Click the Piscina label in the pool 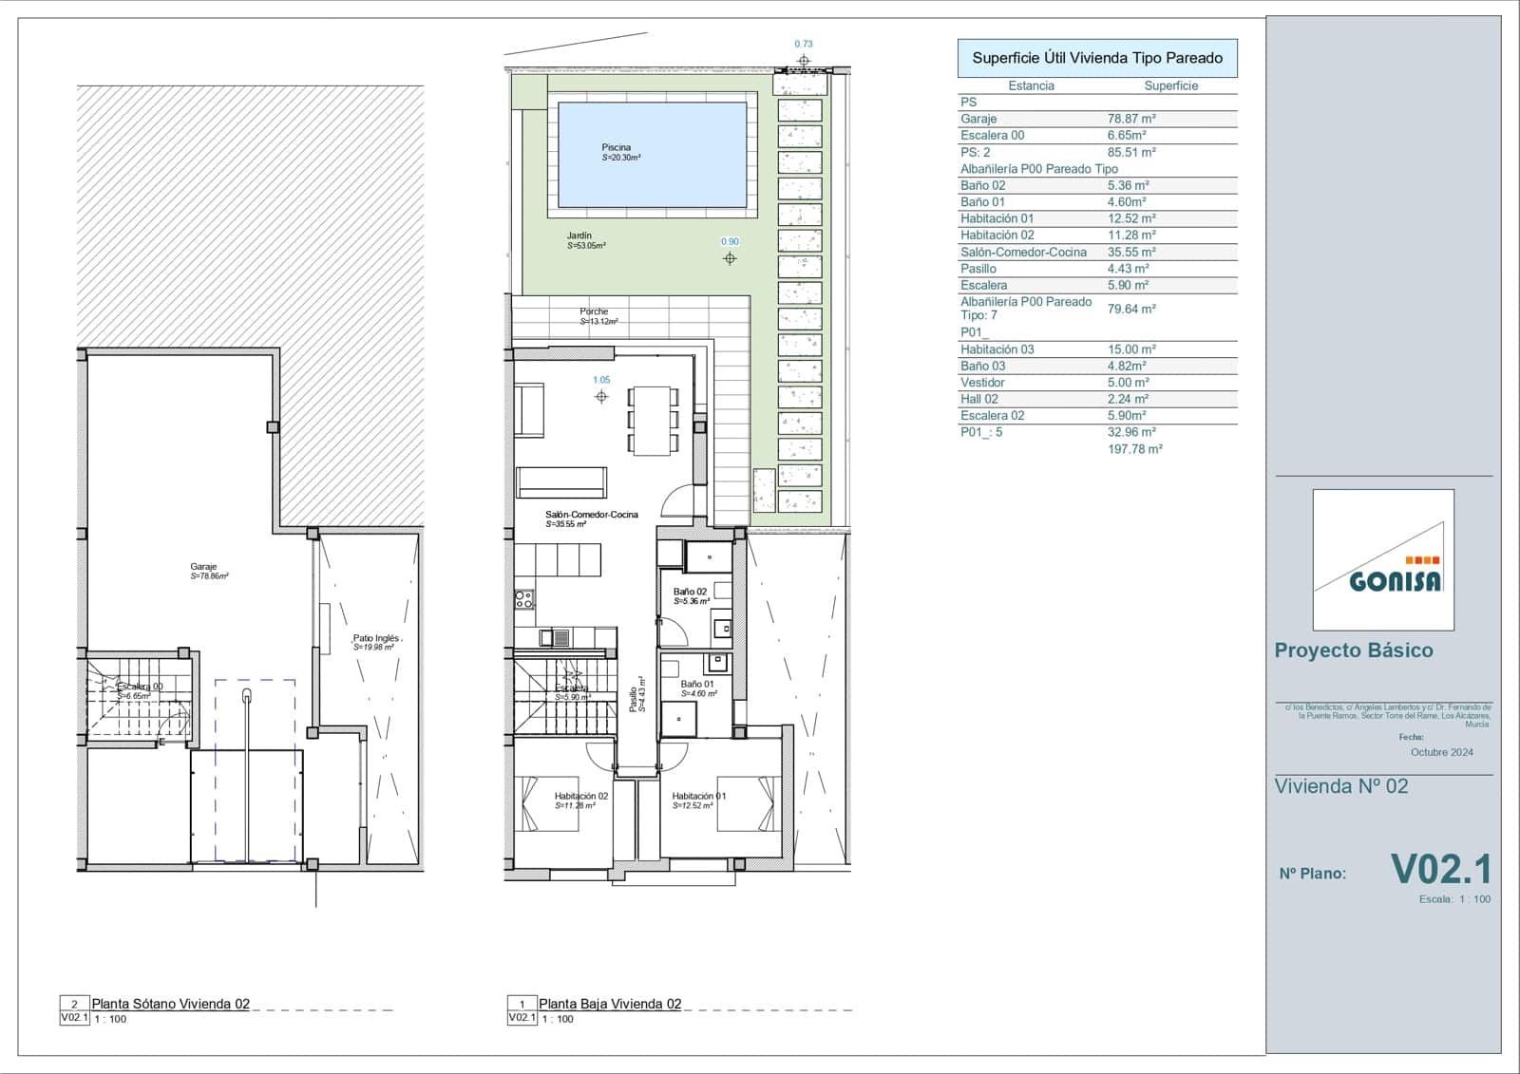pyautogui.click(x=616, y=148)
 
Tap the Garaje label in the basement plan pyautogui.click(x=203, y=567)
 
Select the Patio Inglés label pyautogui.click(x=375, y=639)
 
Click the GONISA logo pyautogui.click(x=1383, y=560)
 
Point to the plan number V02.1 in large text pyautogui.click(x=1440, y=870)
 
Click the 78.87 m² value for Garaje pyautogui.click(x=1131, y=119)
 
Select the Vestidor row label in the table pyautogui.click(x=982, y=383)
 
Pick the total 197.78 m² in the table pyautogui.click(x=1134, y=449)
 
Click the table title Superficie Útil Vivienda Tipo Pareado pyautogui.click(x=1097, y=58)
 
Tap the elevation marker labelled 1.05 pyautogui.click(x=601, y=396)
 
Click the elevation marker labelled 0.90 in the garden pyautogui.click(x=730, y=258)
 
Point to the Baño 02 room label pyautogui.click(x=690, y=592)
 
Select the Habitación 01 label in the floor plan pyautogui.click(x=698, y=797)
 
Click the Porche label pyautogui.click(x=594, y=311)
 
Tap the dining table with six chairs pyautogui.click(x=653, y=420)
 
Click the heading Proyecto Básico pyautogui.click(x=1353, y=650)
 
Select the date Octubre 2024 pyautogui.click(x=1441, y=752)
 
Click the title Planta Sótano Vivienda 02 pyautogui.click(x=170, y=1004)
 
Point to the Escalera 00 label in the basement pyautogui.click(x=140, y=687)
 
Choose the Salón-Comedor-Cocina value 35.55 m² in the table pyautogui.click(x=1131, y=252)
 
